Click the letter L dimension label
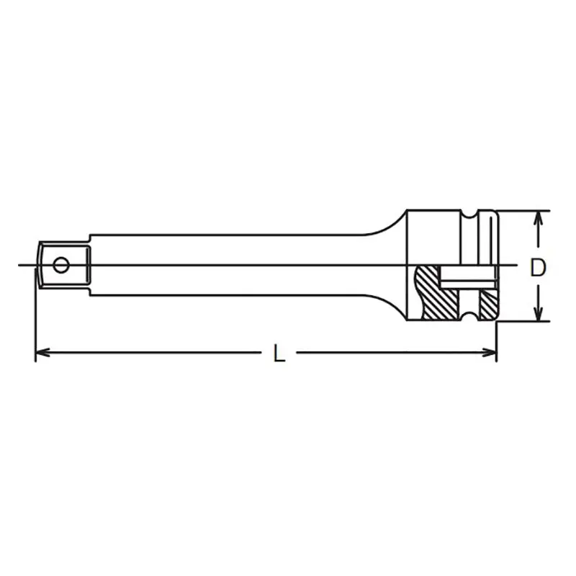(x=279, y=353)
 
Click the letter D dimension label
(x=538, y=267)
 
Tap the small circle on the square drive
(x=61, y=265)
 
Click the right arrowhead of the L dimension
(x=490, y=353)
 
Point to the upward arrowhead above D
(x=538, y=218)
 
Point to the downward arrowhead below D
(x=538, y=314)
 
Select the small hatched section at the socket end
(x=488, y=304)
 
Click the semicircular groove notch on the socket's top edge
(x=469, y=214)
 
